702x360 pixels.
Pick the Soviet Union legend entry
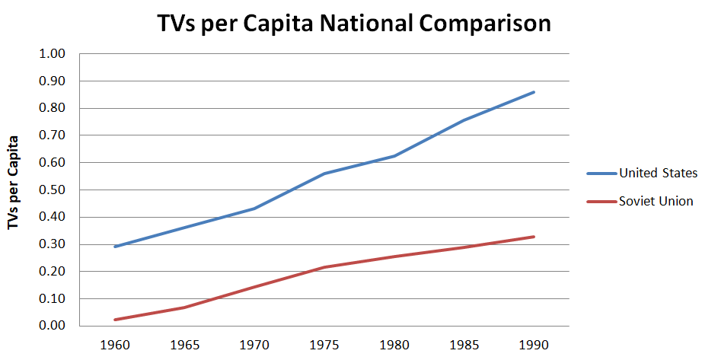[656, 201]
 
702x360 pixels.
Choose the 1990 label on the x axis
[534, 344]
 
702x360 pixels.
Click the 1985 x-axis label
[464, 344]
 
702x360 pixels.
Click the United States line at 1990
[534, 92]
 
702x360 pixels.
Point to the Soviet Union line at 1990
[534, 237]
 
